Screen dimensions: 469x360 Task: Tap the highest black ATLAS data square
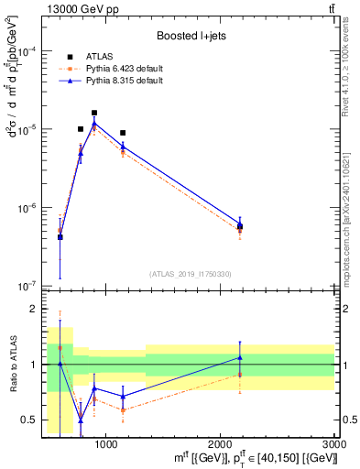point(94,113)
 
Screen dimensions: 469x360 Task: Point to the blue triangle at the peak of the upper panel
point(94,124)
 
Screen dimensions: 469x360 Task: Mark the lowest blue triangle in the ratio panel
point(81,420)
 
